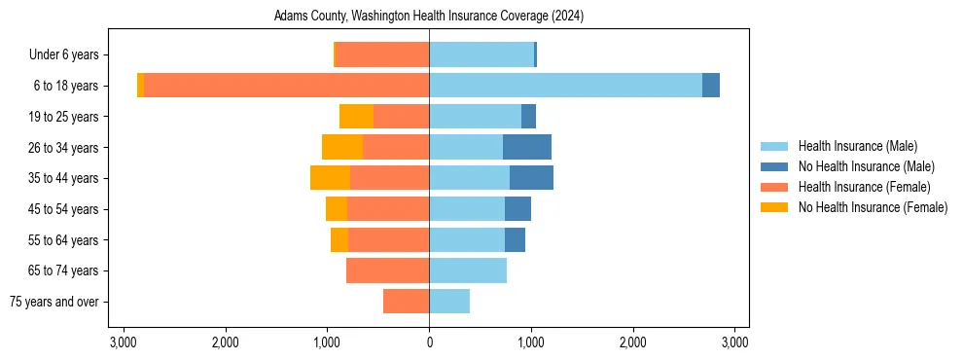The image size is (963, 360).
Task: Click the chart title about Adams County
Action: [x=429, y=17]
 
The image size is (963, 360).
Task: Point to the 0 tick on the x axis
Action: [x=429, y=342]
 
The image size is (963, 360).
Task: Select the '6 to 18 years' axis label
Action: [x=66, y=86]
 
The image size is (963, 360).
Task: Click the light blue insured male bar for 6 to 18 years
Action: [x=565, y=86]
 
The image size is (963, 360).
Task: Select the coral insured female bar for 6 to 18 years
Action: [x=286, y=86]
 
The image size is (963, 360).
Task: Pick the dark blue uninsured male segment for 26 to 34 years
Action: [x=527, y=147]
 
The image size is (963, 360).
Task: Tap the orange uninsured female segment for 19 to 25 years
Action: [x=356, y=117]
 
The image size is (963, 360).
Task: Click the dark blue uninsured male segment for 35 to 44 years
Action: [x=531, y=178]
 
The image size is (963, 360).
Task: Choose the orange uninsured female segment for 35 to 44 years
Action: [x=330, y=178]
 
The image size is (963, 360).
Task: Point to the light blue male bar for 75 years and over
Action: [x=449, y=302]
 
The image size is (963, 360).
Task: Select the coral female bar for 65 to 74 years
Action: [x=387, y=270]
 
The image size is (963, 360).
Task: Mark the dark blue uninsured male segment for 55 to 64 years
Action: [x=515, y=239]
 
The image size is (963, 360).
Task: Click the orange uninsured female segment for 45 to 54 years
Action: [x=337, y=209]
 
